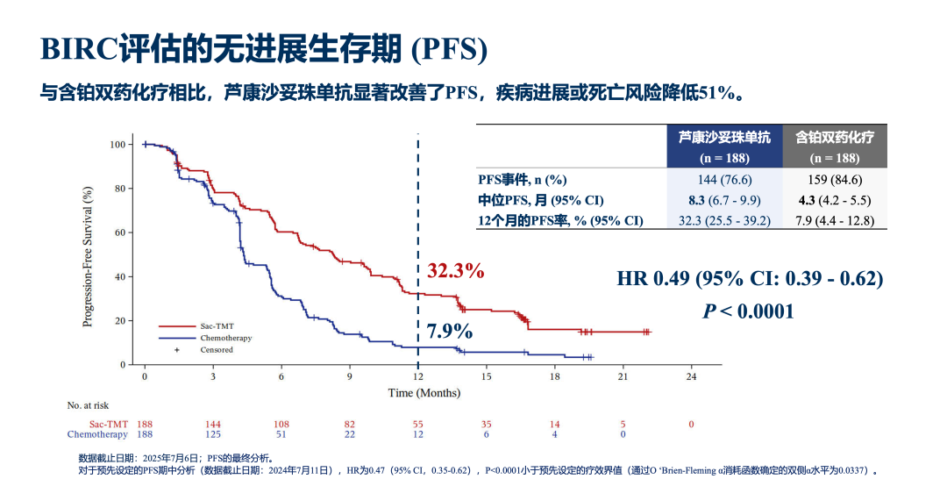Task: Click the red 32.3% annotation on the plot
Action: coord(455,271)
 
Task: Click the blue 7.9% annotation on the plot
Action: coord(450,332)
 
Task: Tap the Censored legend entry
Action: coord(216,350)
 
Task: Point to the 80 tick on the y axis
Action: coord(119,189)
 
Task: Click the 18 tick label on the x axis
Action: coord(554,376)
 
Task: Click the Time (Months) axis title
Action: coord(424,393)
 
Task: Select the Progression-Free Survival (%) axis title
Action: coord(88,255)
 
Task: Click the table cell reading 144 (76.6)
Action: coord(724,179)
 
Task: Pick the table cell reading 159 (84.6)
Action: coord(835,179)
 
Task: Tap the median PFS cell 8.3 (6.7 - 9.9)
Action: coord(724,200)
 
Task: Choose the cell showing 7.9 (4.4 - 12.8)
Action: coord(835,221)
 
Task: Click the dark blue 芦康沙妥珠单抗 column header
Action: coord(724,146)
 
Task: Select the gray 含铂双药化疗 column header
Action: coord(835,146)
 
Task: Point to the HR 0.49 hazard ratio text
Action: coord(750,279)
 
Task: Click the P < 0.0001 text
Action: coord(748,311)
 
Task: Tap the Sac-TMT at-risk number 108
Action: coord(281,424)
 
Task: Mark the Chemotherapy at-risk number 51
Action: coord(281,434)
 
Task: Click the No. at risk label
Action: coord(88,405)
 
